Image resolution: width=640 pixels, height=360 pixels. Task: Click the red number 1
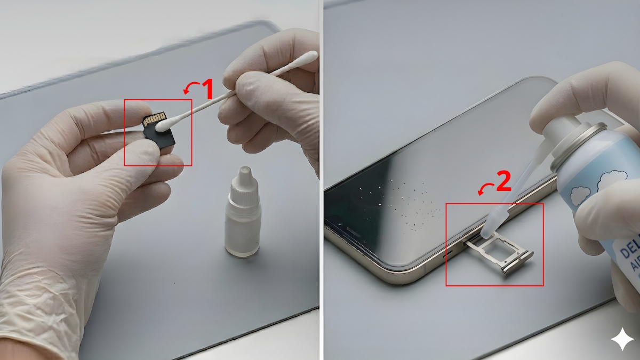click(206, 90)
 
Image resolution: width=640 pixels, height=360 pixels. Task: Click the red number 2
click(503, 182)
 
